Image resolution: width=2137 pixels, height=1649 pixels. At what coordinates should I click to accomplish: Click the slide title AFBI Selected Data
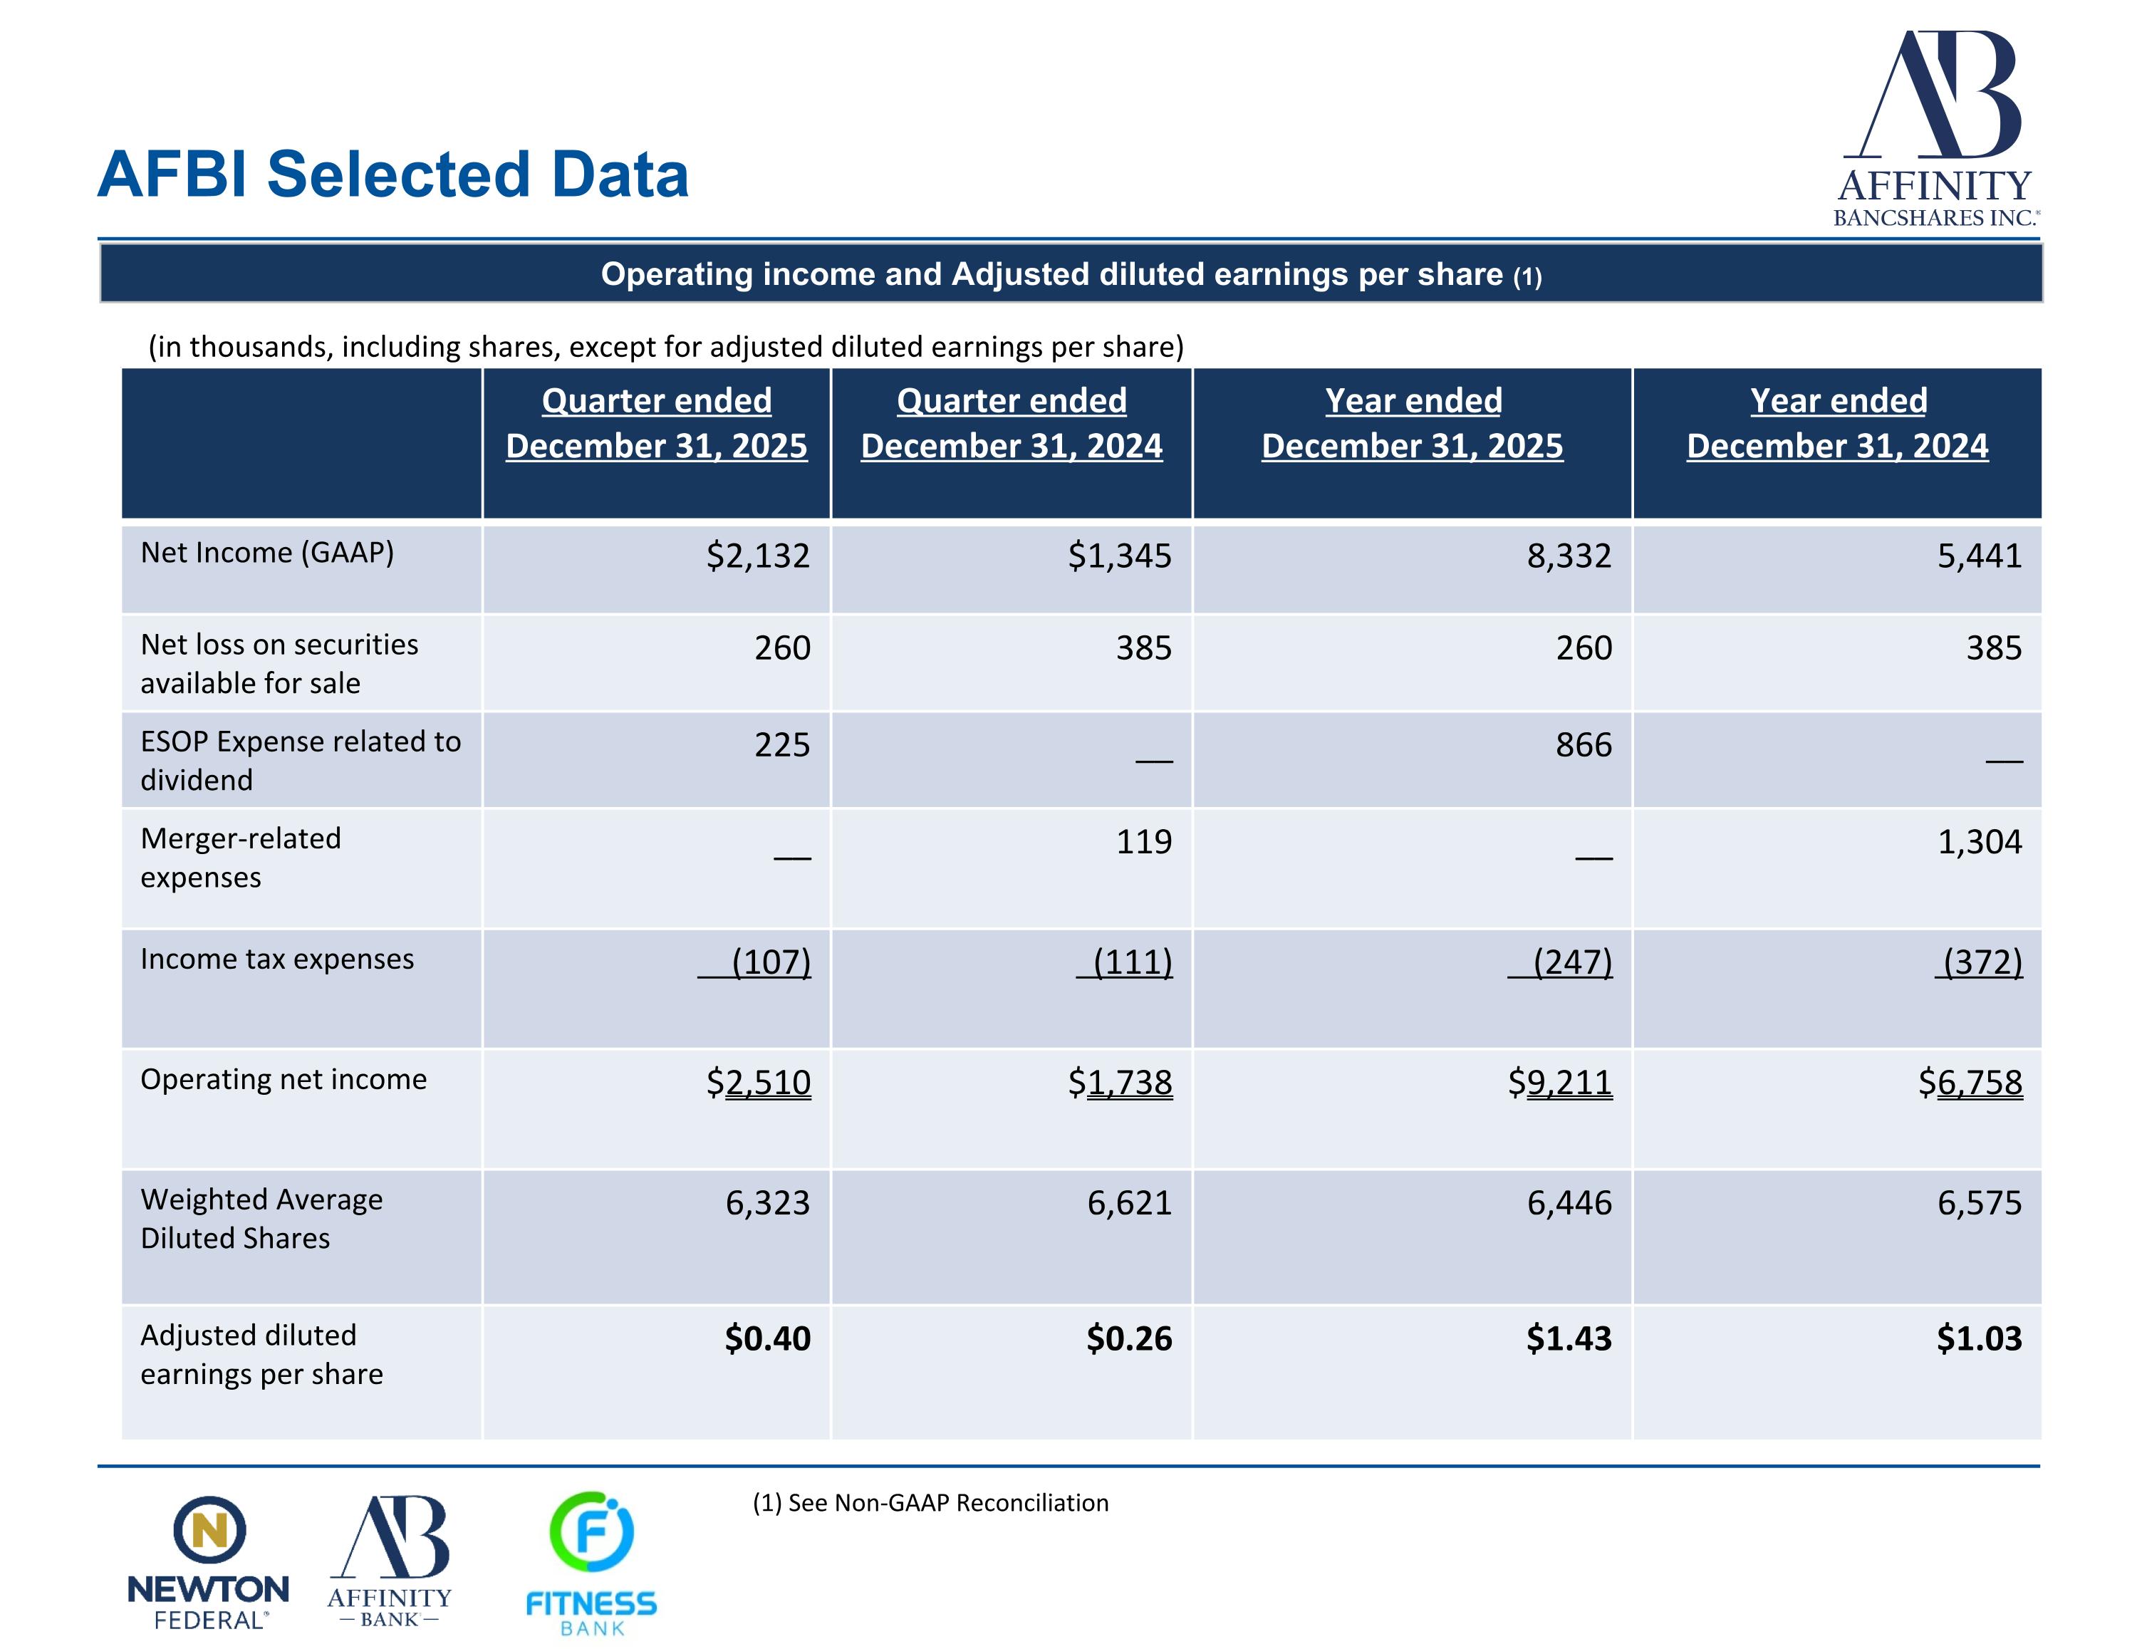[x=393, y=175]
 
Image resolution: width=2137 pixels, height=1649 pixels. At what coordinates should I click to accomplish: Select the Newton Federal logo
[x=209, y=1562]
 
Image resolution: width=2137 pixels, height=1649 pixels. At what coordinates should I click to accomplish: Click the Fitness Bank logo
[x=591, y=1563]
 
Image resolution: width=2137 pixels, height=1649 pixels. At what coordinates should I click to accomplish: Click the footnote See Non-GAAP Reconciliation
[x=930, y=1502]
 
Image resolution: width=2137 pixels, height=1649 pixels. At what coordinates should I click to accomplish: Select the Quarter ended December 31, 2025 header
[x=657, y=423]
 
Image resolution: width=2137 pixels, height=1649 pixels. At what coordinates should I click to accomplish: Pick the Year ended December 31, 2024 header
[x=1838, y=423]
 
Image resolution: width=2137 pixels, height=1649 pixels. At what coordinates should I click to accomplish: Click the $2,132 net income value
[x=759, y=556]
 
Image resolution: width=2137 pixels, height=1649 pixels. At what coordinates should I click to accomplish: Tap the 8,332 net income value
[x=1569, y=556]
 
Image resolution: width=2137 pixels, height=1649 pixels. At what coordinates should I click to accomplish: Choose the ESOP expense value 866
[x=1584, y=745]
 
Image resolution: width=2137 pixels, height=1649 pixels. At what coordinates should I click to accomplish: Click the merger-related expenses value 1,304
[x=1980, y=842]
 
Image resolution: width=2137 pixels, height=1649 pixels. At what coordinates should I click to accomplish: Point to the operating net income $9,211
[x=1560, y=1083]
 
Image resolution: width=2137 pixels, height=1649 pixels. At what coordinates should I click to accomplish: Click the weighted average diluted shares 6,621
[x=1129, y=1203]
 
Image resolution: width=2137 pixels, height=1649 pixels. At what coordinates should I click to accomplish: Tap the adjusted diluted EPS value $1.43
[x=1569, y=1338]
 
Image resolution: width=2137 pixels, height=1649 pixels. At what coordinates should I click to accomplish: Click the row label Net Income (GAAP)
[x=267, y=553]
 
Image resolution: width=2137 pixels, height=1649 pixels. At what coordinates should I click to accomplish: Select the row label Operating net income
[x=284, y=1079]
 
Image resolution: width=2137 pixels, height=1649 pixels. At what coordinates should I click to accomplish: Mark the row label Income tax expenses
[x=277, y=959]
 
